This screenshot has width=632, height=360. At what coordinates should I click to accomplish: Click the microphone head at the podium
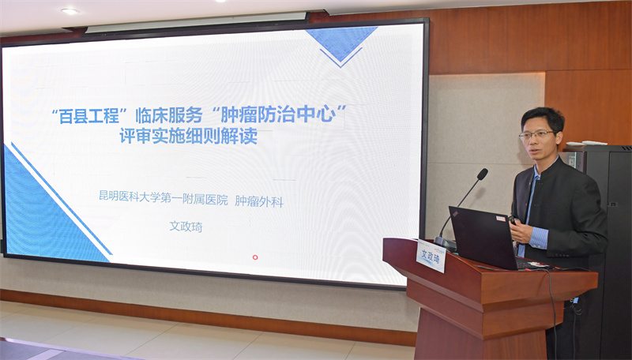coord(482,174)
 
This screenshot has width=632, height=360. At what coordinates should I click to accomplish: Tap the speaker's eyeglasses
coord(536,134)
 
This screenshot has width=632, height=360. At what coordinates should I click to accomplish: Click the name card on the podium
coord(431,256)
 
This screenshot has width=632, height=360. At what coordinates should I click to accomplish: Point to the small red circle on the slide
coord(254,257)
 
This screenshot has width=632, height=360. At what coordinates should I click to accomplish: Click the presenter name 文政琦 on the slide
coord(186,227)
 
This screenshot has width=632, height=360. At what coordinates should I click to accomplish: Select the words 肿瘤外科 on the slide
coord(259,201)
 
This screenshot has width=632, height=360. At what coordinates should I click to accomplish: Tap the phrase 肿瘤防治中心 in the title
coord(278,114)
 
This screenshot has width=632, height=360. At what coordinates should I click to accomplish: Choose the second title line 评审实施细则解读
coord(189,137)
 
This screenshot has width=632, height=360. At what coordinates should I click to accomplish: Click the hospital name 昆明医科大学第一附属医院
coord(164,197)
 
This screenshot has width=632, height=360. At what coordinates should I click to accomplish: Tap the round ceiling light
coord(70,11)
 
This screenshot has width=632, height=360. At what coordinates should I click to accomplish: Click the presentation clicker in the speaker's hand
coord(513,220)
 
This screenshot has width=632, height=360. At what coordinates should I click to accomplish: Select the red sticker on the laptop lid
coord(501,218)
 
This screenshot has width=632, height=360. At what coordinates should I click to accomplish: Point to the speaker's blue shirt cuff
coord(539,238)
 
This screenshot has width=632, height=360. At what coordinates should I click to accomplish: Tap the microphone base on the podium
coord(445,243)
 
